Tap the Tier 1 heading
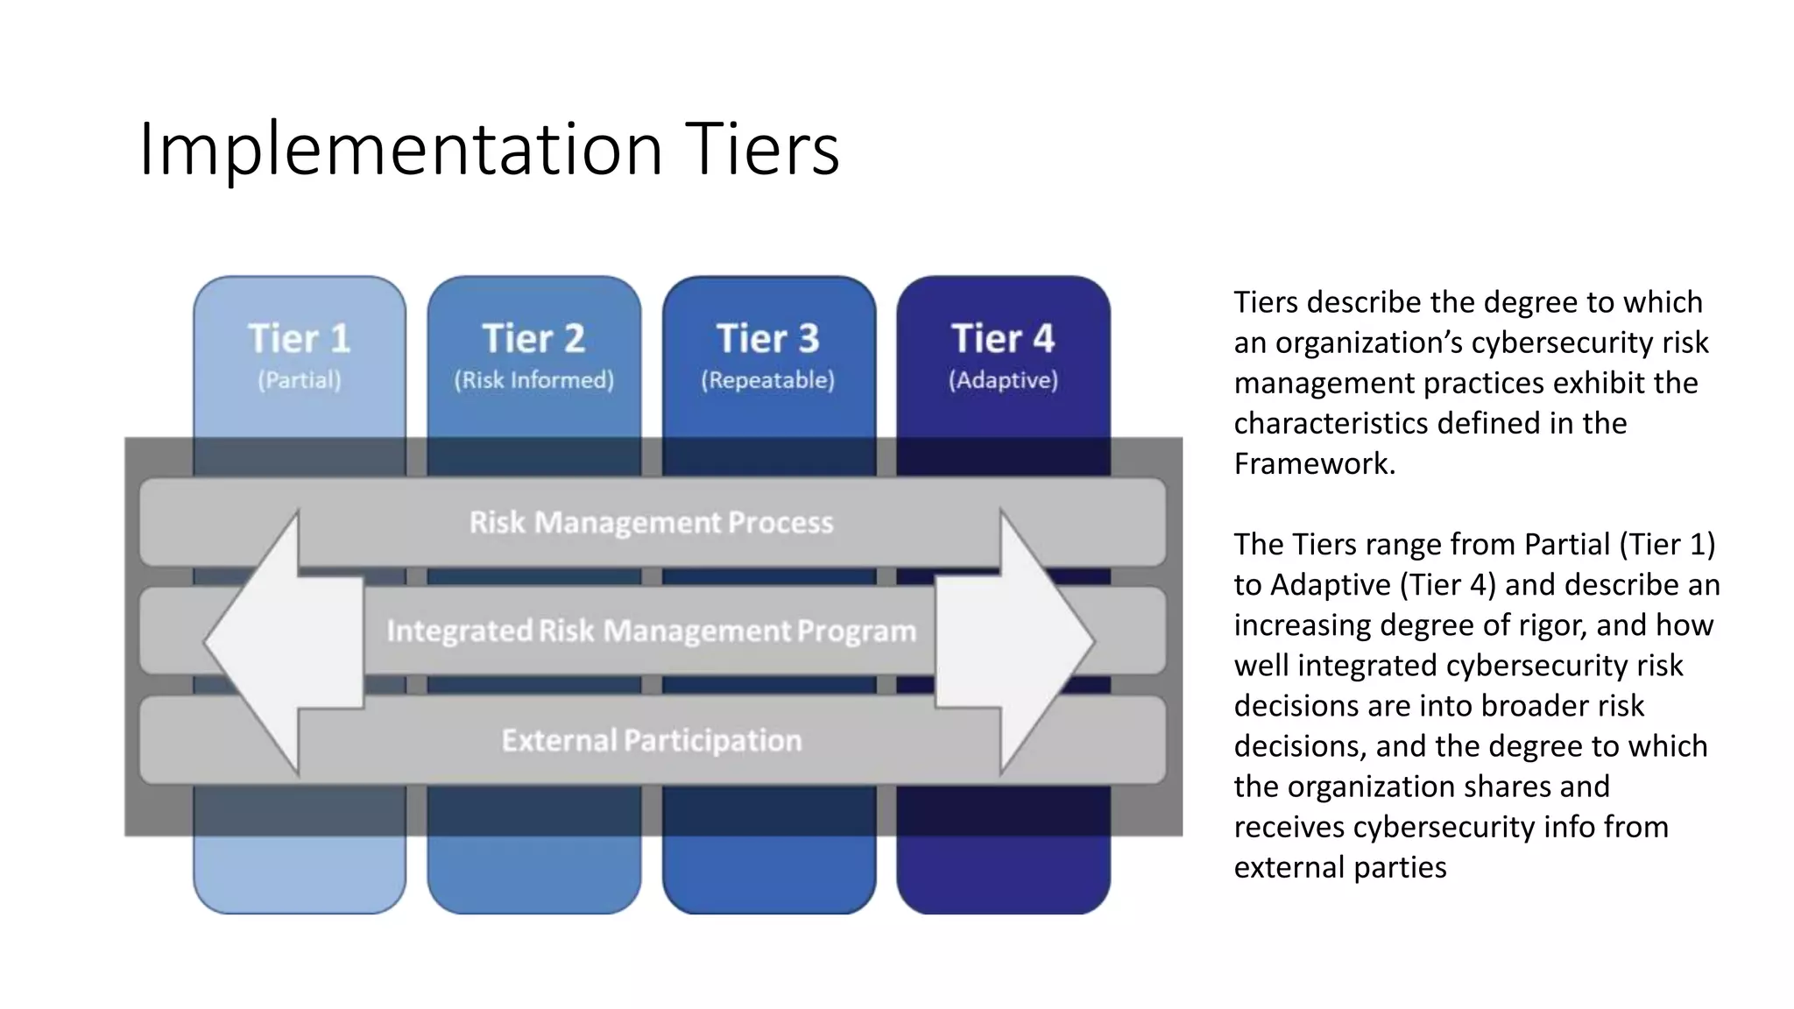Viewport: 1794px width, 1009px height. (x=300, y=339)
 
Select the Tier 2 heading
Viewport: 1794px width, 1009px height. (x=533, y=339)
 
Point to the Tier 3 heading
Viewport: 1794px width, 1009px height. (x=768, y=339)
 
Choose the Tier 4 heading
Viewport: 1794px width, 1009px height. (x=1003, y=339)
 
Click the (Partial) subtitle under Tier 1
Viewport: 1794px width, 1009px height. (x=300, y=380)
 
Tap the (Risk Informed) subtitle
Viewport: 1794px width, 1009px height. (x=533, y=380)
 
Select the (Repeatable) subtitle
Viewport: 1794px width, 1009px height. (x=768, y=380)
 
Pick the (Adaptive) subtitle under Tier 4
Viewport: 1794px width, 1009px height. (x=1003, y=380)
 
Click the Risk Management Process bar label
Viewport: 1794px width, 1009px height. (x=652, y=523)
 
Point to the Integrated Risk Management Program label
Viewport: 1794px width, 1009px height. (x=652, y=631)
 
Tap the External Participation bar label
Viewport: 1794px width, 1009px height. (x=652, y=741)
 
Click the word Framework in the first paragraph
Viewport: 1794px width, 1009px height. (x=1314, y=463)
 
